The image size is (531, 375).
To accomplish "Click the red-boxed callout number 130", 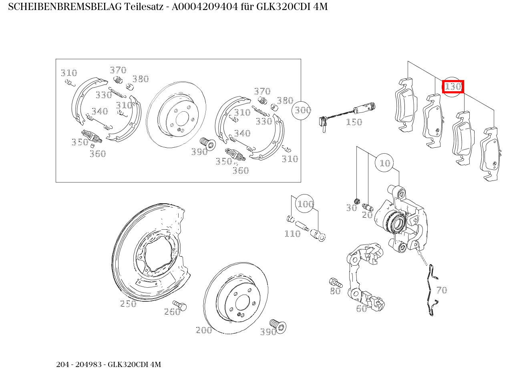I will click(x=453, y=86).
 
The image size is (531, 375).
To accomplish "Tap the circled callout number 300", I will click(x=302, y=110).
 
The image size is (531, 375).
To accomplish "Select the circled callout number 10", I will click(x=384, y=163).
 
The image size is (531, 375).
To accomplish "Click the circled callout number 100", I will click(x=305, y=204).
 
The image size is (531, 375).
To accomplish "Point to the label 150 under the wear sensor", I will click(x=354, y=122).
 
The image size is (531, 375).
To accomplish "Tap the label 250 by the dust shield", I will click(x=128, y=304).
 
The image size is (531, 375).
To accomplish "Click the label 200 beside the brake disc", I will click(x=204, y=330).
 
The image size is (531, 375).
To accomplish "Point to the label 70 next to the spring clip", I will click(x=441, y=290).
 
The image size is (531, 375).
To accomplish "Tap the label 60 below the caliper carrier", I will click(x=361, y=309).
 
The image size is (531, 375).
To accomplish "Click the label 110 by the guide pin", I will click(x=292, y=234).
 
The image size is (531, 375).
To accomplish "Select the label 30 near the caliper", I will click(x=351, y=208).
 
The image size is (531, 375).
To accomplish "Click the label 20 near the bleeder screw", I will click(x=367, y=215).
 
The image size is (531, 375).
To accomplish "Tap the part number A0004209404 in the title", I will click(x=205, y=7).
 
